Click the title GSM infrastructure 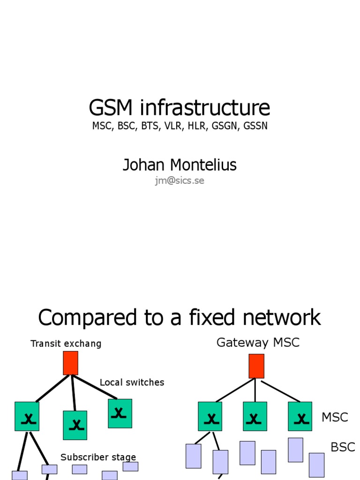180,108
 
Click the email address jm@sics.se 180,180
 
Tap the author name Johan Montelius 180,165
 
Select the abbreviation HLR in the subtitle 197,126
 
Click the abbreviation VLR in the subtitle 172,126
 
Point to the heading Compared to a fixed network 180,317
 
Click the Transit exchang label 66,344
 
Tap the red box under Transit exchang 70,363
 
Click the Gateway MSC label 258,343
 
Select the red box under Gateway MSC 256,366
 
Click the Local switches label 132,382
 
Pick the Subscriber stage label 98,457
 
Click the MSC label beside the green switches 335,417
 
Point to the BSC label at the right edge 343,447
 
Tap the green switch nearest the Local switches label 120,413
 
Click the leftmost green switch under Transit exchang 27,416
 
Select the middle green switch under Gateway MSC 255,416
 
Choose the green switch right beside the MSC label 300,416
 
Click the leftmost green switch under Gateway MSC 210,416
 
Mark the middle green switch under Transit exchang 75,425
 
